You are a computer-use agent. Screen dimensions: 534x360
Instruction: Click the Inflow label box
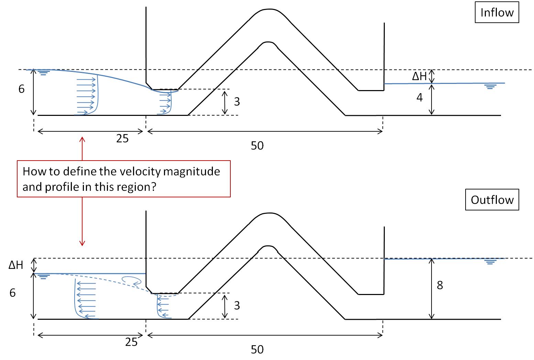click(497, 13)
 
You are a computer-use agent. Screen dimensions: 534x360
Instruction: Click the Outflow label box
click(492, 200)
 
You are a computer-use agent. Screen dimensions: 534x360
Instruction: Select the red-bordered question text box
click(124, 179)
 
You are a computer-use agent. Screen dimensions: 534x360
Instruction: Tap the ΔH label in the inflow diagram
click(419, 76)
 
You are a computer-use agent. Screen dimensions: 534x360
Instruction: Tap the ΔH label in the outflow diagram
click(16, 265)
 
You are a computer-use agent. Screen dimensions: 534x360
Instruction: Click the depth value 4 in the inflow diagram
click(419, 98)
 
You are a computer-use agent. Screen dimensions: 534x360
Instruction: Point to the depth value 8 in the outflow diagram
click(440, 285)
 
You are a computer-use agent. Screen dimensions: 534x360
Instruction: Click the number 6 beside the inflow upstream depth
click(22, 89)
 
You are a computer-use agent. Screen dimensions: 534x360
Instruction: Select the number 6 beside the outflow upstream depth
click(13, 293)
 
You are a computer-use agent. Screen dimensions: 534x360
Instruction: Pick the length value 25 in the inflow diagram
click(122, 139)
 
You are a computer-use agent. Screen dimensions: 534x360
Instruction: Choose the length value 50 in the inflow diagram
click(257, 146)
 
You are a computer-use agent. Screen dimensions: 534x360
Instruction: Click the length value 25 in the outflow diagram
click(131, 342)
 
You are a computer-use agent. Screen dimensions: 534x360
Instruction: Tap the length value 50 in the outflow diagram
click(257, 350)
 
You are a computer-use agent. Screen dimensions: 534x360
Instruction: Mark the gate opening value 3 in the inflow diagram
click(237, 101)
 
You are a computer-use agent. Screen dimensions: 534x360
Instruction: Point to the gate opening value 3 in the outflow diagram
click(237, 305)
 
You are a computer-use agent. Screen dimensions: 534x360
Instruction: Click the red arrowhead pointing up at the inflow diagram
click(82, 139)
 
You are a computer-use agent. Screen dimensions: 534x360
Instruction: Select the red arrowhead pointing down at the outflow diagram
click(82, 243)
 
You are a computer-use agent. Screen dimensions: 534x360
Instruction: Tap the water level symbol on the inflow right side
click(490, 86)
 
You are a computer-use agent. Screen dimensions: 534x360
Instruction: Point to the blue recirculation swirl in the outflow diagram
click(132, 281)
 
